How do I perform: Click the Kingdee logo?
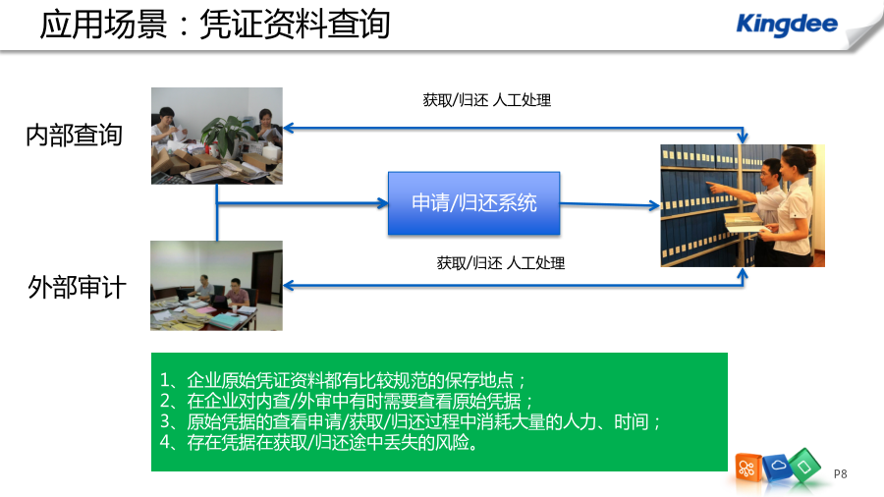coord(787,25)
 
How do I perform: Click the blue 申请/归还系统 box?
coord(473,203)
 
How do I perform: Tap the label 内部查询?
coord(74,136)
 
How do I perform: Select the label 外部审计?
coord(77,287)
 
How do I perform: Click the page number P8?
coord(840,473)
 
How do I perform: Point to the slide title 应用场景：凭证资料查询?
coord(215,25)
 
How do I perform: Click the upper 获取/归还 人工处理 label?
coord(487,100)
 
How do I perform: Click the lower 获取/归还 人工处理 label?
coord(501,263)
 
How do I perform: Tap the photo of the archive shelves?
coord(743,205)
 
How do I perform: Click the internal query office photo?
coord(216,136)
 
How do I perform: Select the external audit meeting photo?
coord(216,286)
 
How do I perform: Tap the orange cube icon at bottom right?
coord(748,468)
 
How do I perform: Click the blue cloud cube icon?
coord(777,467)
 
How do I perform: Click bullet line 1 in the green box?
coord(343,380)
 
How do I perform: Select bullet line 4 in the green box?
coord(319,442)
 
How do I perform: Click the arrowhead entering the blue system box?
coord(383,203)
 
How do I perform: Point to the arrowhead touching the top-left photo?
coord(288,129)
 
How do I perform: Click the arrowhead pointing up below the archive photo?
coord(743,274)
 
